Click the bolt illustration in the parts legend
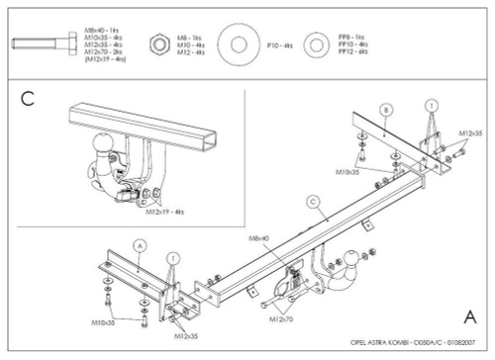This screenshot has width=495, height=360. [46, 45]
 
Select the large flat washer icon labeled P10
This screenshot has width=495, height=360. [238, 45]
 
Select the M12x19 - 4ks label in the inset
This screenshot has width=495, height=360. [168, 211]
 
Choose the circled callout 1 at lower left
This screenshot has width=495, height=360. [174, 258]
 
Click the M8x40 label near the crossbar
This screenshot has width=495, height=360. [260, 238]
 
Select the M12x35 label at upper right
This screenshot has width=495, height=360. [470, 133]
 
